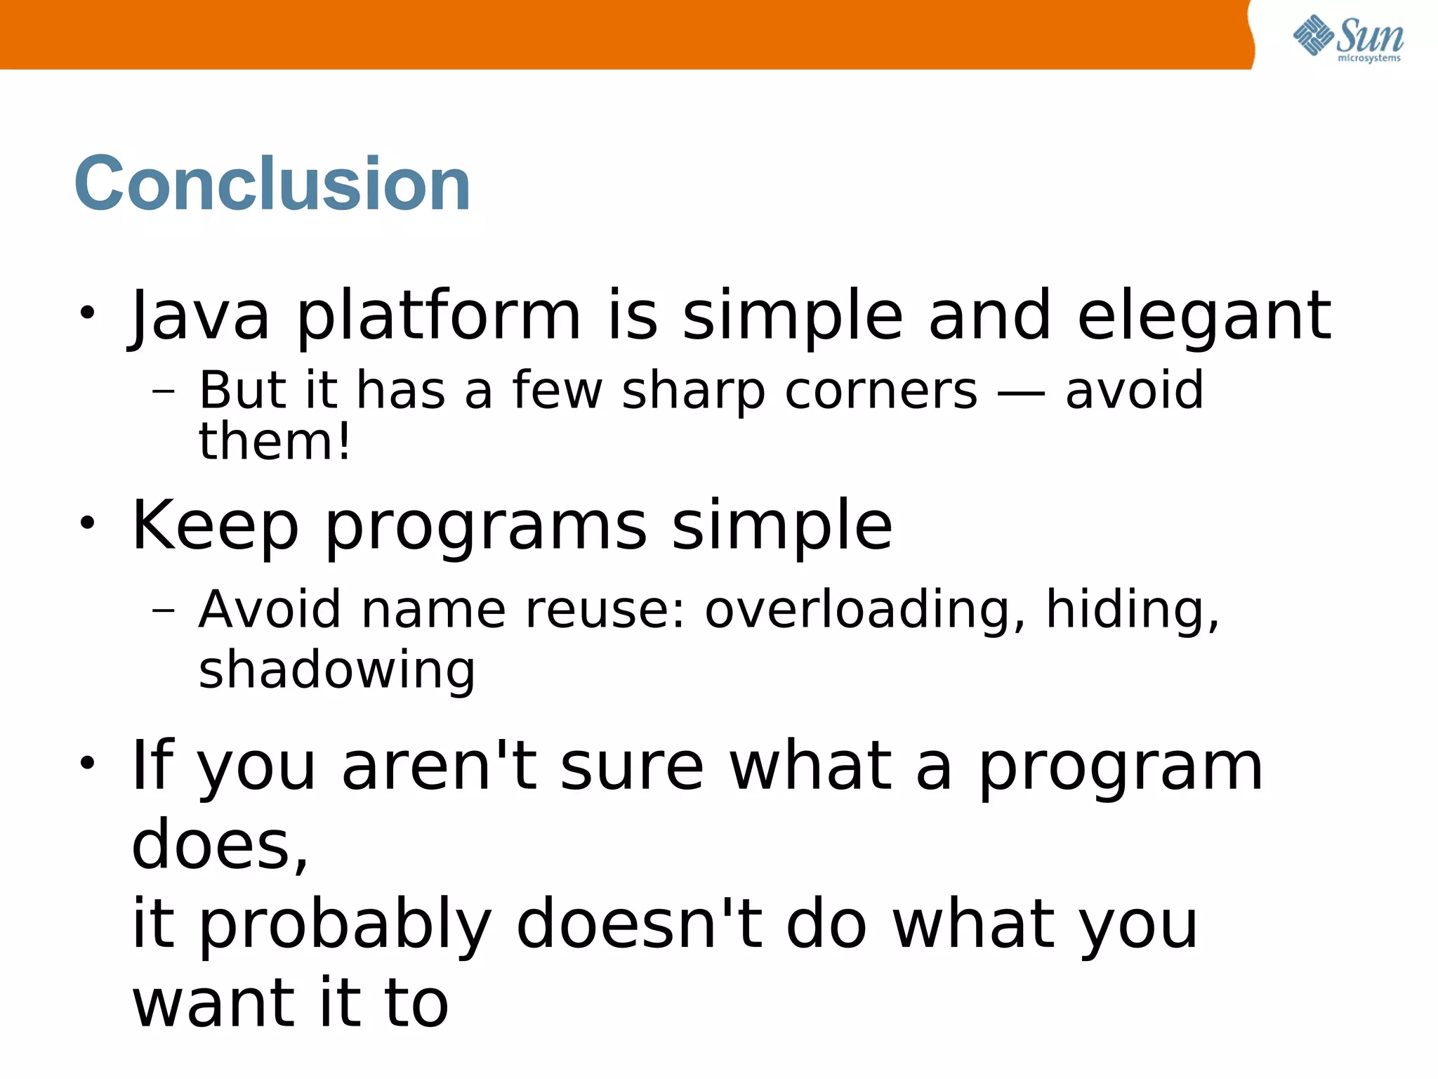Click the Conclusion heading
tap(272, 184)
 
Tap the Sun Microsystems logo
tap(1347, 39)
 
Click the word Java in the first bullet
tap(199, 316)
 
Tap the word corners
tap(881, 391)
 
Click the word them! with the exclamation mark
tap(275, 442)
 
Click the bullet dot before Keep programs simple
tap(86, 523)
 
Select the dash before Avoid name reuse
tap(163, 610)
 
